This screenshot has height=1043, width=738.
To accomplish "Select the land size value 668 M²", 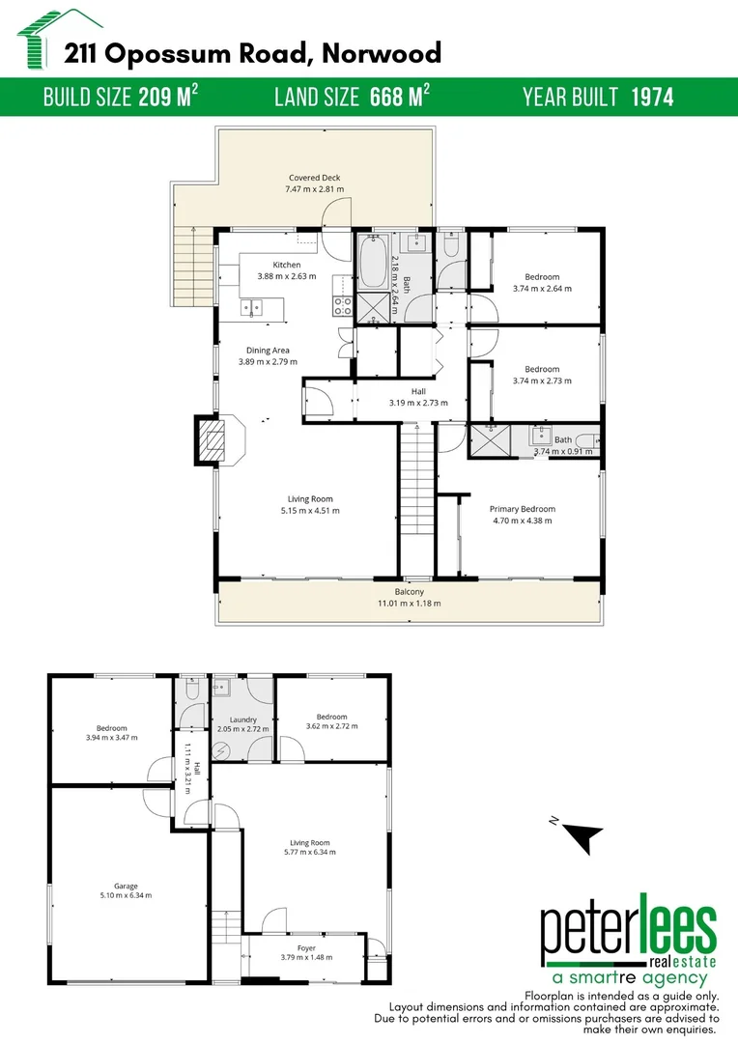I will click(x=400, y=97).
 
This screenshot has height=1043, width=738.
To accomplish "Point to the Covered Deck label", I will click(x=314, y=178).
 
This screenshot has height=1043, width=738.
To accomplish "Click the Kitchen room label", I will click(x=286, y=265).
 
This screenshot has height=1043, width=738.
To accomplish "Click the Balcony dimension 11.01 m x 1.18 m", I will click(x=410, y=604).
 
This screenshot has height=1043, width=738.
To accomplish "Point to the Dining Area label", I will click(x=268, y=351).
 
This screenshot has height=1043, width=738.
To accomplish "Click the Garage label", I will click(x=126, y=886).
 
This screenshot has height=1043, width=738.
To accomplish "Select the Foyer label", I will click(x=306, y=947).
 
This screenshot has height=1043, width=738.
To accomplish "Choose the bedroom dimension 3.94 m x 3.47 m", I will click(x=111, y=738).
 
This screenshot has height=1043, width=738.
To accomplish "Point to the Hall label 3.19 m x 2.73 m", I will click(x=418, y=391).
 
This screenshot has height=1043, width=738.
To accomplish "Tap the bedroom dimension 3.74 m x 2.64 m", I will click(x=542, y=288).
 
